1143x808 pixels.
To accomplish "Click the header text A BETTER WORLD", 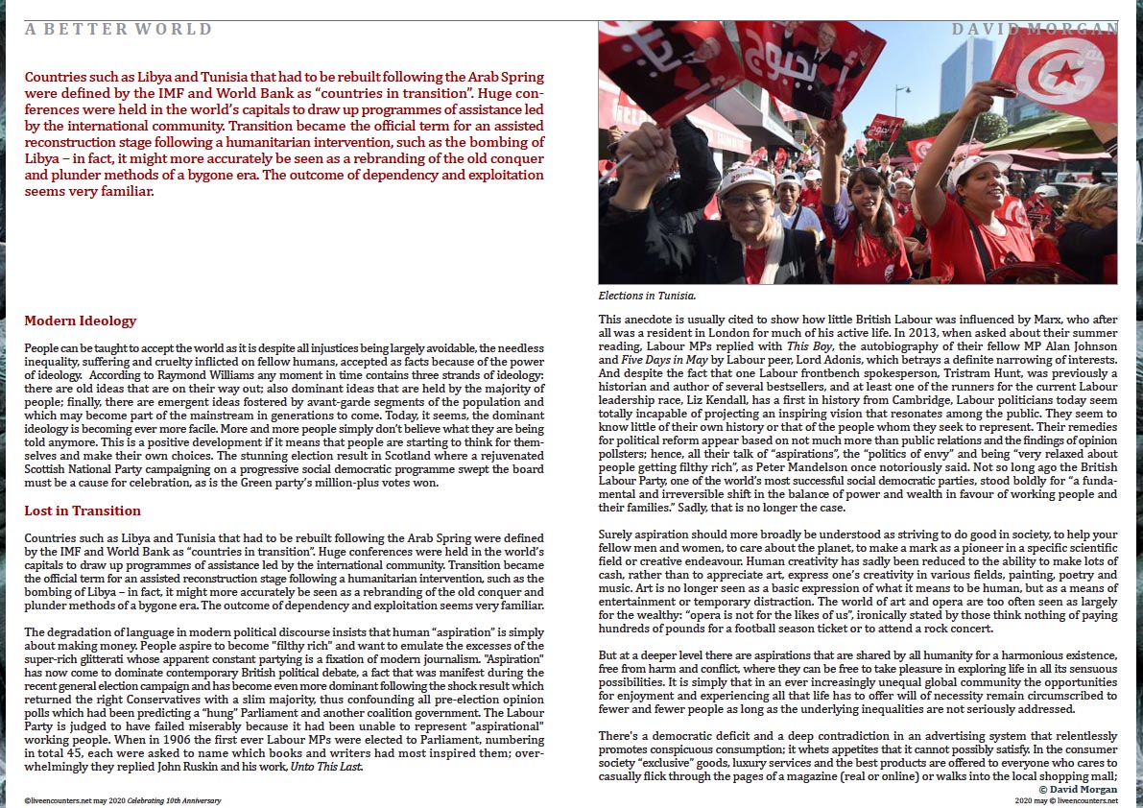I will pos(119,30).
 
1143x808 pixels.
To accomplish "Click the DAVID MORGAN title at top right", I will pos(1035,30).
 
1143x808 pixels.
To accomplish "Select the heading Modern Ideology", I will pos(81,321).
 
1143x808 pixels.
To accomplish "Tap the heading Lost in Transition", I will pos(83,511).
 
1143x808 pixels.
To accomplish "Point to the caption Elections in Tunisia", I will pos(647,296).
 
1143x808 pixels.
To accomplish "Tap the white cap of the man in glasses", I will pos(745,178).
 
